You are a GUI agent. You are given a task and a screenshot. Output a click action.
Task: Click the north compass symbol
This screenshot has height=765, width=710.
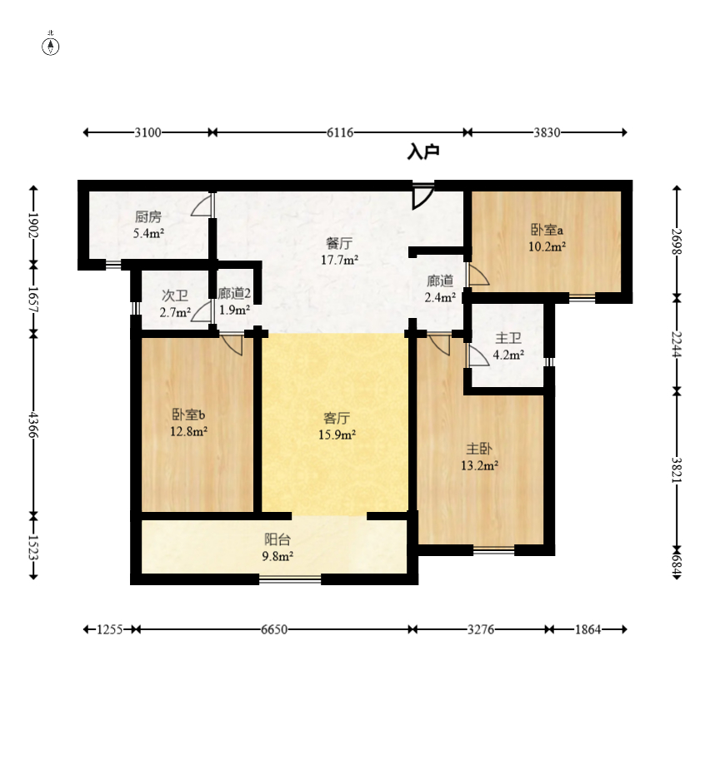pyautogui.click(x=50, y=46)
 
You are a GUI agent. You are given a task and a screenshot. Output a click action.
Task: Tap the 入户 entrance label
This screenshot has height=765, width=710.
pyautogui.click(x=423, y=152)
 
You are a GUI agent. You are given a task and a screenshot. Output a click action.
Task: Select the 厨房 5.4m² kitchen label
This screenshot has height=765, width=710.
pyautogui.click(x=148, y=225)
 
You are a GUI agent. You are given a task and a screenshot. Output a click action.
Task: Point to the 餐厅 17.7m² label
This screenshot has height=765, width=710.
pyautogui.click(x=339, y=251)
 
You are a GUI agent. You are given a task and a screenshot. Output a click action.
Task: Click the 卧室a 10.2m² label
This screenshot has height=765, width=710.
pyautogui.click(x=547, y=237)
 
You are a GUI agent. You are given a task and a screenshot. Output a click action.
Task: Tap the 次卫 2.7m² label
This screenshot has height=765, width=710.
pyautogui.click(x=175, y=304)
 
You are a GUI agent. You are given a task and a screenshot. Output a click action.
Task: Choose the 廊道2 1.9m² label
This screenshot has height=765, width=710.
pyautogui.click(x=234, y=301)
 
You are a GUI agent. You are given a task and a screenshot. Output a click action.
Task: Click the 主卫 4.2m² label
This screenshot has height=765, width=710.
pyautogui.click(x=508, y=346)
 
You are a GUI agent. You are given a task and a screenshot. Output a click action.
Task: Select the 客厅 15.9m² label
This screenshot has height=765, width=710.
pyautogui.click(x=337, y=426)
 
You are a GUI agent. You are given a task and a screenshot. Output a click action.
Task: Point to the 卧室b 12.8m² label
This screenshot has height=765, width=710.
pyautogui.click(x=189, y=423)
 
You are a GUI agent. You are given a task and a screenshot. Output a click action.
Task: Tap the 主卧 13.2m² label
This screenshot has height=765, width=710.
pyautogui.click(x=479, y=457)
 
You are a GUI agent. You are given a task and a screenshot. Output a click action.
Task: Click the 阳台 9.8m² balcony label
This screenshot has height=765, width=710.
pyautogui.click(x=277, y=547)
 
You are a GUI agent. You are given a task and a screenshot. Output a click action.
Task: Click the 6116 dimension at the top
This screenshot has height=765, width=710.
pyautogui.click(x=340, y=132)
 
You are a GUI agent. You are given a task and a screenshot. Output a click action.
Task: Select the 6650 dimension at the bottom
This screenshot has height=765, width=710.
pyautogui.click(x=274, y=629)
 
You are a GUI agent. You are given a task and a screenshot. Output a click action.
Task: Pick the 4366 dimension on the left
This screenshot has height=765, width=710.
pyautogui.click(x=33, y=425)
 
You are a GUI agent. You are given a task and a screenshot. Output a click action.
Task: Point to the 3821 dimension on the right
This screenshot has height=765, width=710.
pyautogui.click(x=677, y=469)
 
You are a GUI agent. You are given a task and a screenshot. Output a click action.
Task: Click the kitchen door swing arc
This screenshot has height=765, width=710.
pyautogui.click(x=200, y=206)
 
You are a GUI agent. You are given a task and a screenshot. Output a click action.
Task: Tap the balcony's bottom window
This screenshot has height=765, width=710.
pyautogui.click(x=290, y=579)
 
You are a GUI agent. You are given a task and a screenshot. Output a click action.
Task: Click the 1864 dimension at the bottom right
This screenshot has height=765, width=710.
pyautogui.click(x=587, y=629)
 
